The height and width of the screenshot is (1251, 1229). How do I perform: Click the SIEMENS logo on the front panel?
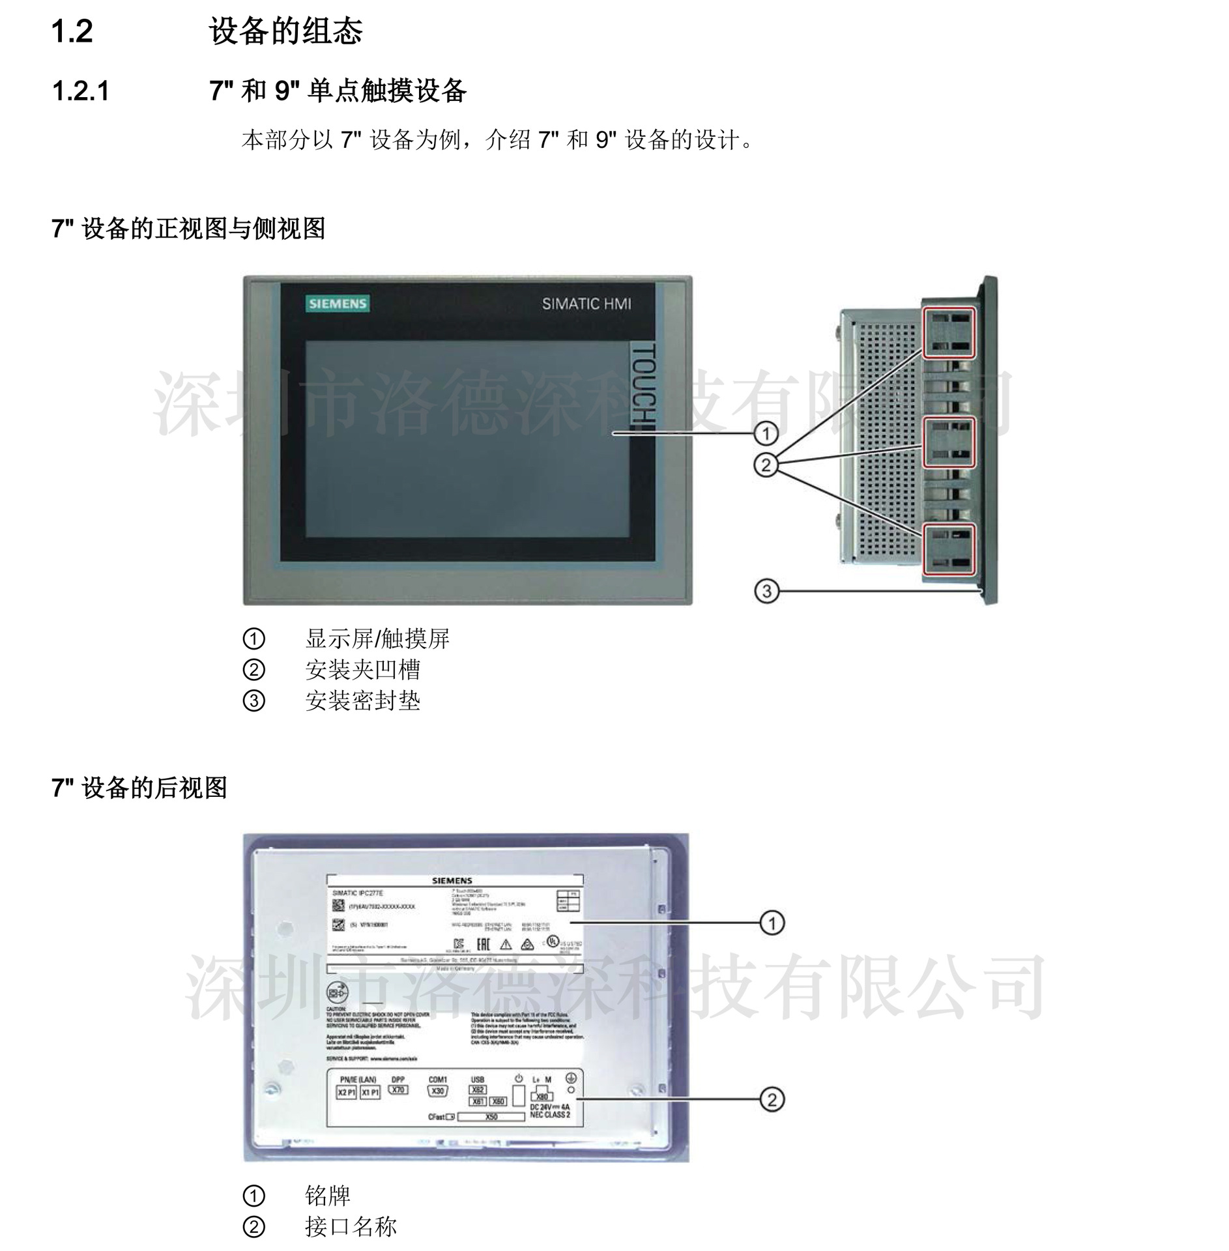338,304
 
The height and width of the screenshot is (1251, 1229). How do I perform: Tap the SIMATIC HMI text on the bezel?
586,304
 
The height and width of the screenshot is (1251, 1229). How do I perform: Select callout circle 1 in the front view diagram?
766,433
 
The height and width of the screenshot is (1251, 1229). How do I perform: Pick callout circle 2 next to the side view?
766,465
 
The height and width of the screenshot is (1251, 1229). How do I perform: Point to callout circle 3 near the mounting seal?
766,591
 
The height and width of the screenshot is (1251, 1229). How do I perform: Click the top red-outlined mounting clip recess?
949,333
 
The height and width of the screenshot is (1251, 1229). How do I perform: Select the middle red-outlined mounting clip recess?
949,442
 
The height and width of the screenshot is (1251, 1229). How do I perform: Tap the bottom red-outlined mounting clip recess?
949,550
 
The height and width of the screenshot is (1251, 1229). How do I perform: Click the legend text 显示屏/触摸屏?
377,639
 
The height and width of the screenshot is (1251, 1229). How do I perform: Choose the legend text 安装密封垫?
362,701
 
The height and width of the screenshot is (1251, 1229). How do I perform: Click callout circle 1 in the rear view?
772,923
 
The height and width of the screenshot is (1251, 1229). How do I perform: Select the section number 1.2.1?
81,91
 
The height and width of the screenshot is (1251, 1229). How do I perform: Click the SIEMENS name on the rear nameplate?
452,880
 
